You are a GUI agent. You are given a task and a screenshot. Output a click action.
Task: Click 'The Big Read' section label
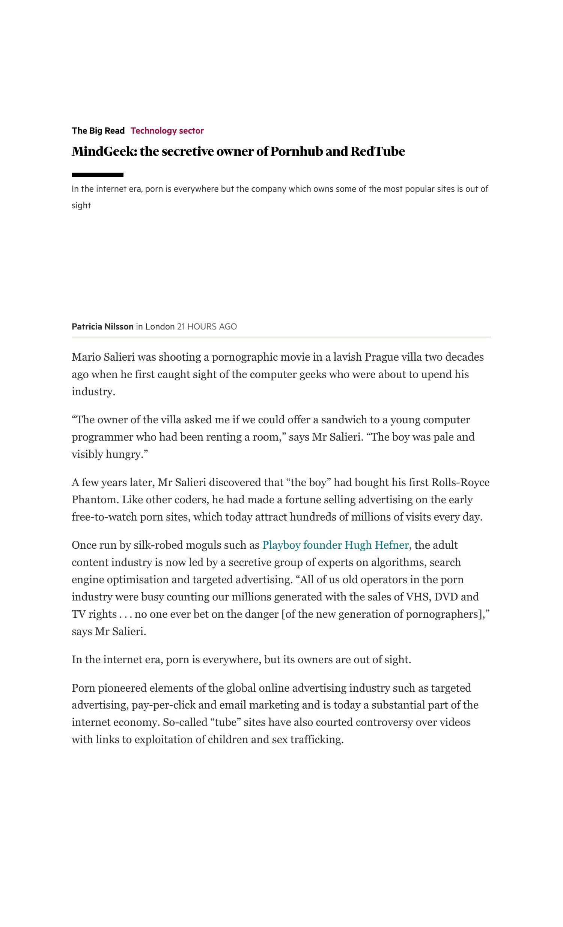tap(98, 131)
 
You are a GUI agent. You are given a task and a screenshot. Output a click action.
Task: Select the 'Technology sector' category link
tap(167, 131)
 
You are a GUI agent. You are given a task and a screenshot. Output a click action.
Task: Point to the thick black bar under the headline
tap(98, 175)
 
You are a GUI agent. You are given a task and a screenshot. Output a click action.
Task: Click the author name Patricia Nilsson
tap(102, 327)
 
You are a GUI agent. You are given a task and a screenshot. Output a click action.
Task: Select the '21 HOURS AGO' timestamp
tap(206, 327)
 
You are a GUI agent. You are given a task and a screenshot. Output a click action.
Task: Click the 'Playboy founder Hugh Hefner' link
tap(335, 545)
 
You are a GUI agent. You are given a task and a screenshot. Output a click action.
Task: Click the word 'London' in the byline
tap(160, 327)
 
